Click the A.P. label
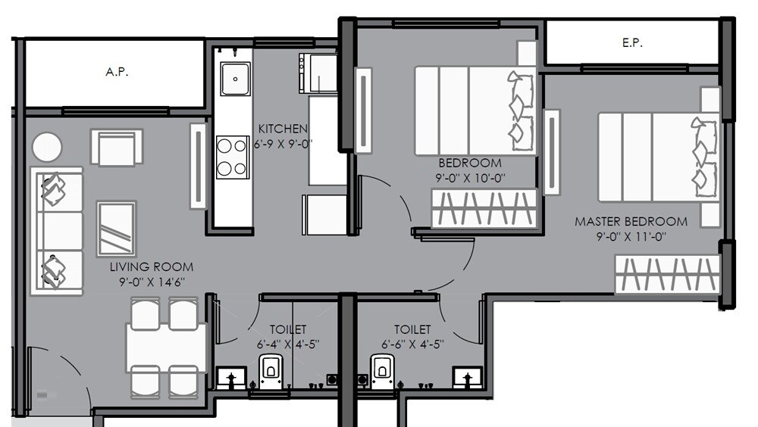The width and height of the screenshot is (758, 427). [x=116, y=73]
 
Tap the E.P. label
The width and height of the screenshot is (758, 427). [x=631, y=43]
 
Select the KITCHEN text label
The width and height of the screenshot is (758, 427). [x=283, y=129]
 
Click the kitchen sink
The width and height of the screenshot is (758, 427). [x=234, y=76]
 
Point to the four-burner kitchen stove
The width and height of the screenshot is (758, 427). [x=232, y=157]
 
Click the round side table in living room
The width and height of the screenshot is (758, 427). [x=47, y=146]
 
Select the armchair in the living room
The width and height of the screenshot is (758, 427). [x=117, y=147]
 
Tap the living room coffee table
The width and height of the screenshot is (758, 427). [x=116, y=228]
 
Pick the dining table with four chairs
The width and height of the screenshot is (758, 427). [x=165, y=347]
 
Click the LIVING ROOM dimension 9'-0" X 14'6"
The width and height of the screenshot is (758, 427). [x=151, y=282]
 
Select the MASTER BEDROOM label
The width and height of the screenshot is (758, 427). [x=631, y=222]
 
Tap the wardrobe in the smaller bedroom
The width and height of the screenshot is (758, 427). [x=484, y=208]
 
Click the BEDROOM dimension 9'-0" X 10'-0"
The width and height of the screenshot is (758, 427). [x=470, y=178]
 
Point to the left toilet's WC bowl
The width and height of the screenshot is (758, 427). [x=271, y=371]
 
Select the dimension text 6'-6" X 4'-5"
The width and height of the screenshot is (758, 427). [x=412, y=344]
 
